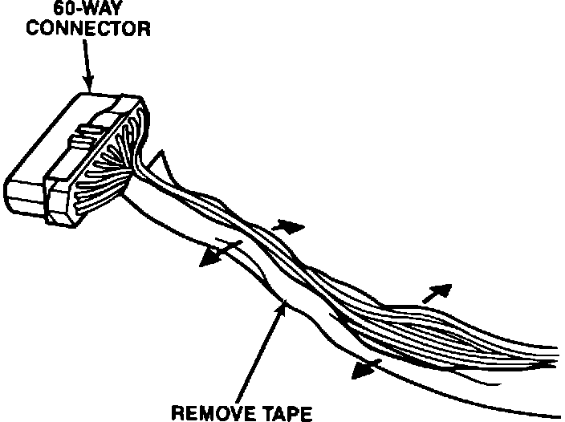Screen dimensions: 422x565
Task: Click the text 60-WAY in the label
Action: point(83,10)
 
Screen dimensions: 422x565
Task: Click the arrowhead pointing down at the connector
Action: point(89,83)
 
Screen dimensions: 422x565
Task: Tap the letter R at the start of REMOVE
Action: point(178,414)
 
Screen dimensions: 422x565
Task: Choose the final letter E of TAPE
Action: point(305,414)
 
